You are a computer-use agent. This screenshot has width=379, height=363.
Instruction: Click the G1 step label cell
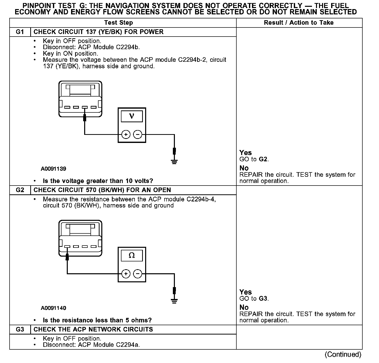20,32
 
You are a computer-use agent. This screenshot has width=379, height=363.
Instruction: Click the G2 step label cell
20,190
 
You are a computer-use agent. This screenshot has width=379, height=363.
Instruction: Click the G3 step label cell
20,329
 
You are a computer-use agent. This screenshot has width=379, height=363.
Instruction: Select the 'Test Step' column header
118,23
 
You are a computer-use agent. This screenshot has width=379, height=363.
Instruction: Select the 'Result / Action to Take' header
299,23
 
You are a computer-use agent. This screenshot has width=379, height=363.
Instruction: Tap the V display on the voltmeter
132,116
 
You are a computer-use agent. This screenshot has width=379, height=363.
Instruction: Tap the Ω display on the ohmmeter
132,256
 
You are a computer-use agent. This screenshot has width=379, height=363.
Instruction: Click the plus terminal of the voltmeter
126,135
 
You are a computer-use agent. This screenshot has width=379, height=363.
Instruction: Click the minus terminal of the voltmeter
138,135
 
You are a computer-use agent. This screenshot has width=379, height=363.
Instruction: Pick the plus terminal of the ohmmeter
126,274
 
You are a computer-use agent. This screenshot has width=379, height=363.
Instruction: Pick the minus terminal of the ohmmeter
138,274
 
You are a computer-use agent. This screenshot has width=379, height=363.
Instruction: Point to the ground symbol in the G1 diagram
174,161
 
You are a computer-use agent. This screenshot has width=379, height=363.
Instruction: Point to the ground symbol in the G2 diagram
174,300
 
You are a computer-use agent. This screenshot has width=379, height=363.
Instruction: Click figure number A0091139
53,169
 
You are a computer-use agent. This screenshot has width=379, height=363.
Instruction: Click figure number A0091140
53,308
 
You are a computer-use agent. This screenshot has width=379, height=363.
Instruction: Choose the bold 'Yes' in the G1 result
245,153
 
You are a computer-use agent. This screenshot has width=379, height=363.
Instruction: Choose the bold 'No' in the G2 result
244,308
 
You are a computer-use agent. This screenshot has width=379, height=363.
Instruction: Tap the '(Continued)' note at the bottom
343,354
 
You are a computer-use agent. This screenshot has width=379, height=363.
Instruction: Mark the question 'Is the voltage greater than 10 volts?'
98,181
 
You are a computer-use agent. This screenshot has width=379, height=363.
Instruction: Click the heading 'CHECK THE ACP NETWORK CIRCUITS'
93,329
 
